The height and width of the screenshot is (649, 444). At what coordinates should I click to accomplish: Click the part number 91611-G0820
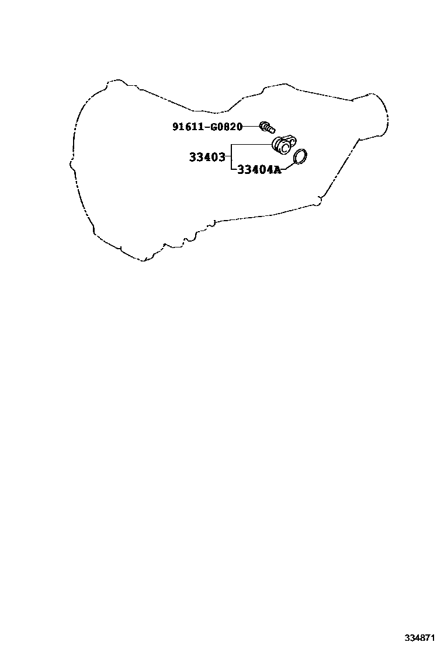[207, 127]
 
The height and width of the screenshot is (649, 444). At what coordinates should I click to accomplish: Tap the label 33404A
[259, 170]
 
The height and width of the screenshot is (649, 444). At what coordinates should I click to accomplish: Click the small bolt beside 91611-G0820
[267, 125]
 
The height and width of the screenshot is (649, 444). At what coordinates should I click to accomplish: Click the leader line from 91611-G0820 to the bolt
[251, 126]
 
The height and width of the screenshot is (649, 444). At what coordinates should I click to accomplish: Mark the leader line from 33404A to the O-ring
[287, 167]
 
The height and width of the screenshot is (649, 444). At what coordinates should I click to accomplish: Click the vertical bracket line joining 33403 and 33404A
[231, 158]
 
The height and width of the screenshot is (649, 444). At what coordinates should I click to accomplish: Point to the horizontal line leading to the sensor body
[251, 144]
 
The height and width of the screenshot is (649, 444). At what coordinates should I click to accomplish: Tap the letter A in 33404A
[277, 170]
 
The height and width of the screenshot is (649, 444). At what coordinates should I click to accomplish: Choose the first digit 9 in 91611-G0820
[175, 127]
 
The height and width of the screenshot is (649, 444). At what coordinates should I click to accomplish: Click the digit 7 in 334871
[431, 638]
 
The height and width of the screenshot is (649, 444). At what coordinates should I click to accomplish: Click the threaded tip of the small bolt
[273, 128]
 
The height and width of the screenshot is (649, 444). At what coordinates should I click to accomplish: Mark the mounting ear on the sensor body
[293, 139]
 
